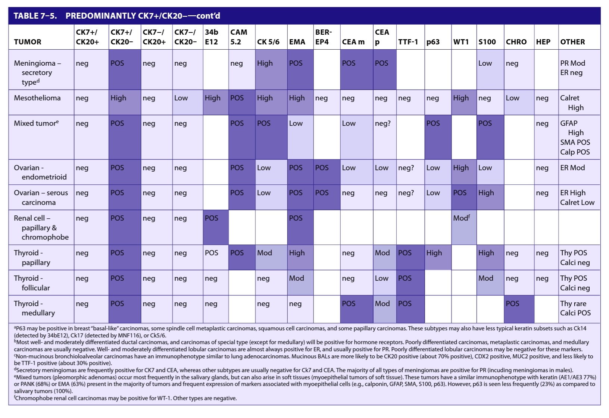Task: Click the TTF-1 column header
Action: [x=408, y=42]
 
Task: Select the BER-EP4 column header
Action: [x=324, y=37]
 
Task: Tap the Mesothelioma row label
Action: [x=37, y=98]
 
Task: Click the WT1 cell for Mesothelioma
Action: [x=464, y=102]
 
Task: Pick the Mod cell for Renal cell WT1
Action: [x=464, y=227]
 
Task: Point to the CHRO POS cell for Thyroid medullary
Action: [x=519, y=309]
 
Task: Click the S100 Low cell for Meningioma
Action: [x=490, y=70]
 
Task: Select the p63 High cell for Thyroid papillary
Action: [x=438, y=257]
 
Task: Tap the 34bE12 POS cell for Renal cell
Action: [x=216, y=227]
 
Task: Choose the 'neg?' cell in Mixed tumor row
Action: [x=382, y=124]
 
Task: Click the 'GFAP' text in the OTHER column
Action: [x=569, y=123]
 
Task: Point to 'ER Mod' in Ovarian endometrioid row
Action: [x=572, y=168]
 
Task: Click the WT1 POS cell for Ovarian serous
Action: [x=464, y=197]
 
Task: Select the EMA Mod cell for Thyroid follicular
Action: [x=300, y=283]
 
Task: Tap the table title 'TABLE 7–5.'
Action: [x=35, y=16]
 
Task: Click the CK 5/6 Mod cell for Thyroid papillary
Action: [x=271, y=257]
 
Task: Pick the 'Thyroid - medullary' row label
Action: [x=34, y=308]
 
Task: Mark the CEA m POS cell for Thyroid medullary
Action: [x=356, y=309]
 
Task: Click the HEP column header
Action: [x=543, y=42]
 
